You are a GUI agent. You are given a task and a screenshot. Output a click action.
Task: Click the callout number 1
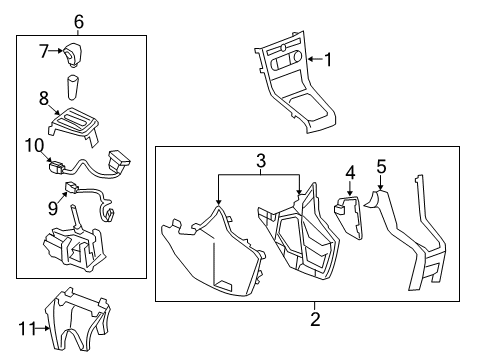pyautogui.click(x=326, y=60)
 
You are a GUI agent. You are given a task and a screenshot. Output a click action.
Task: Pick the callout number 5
pyautogui.click(x=380, y=166)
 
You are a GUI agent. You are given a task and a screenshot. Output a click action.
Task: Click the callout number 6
pyautogui.click(x=79, y=21)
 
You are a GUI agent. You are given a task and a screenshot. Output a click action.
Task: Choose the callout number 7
pyautogui.click(x=44, y=50)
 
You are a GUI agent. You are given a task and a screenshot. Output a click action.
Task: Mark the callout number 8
pyautogui.click(x=44, y=98)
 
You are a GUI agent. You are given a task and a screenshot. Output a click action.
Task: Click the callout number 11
pyautogui.click(x=27, y=325)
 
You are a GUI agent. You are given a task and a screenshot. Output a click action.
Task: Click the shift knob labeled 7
pyautogui.click(x=77, y=53)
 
